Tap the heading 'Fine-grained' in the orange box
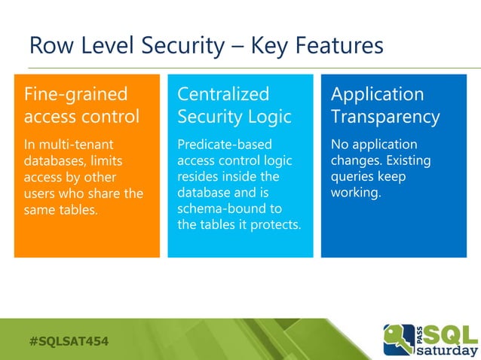pos(76,95)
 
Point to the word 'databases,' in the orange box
pos(55,160)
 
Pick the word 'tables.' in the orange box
pos(78,209)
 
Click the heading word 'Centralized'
pos(223,95)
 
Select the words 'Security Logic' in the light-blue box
pos(234,118)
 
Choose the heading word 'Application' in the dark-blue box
pos(377,95)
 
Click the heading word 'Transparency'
pos(385,118)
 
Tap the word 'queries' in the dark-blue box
pos(355,176)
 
